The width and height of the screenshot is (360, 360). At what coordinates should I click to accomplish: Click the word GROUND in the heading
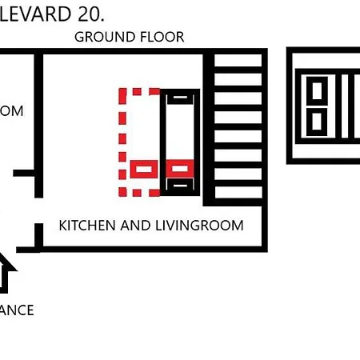point(101,37)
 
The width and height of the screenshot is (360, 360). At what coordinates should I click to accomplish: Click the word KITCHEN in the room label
point(87,226)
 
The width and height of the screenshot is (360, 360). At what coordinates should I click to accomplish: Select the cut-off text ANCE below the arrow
point(16,310)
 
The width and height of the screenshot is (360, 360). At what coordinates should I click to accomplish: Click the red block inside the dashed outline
point(144,170)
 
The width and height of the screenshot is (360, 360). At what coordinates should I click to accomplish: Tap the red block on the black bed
point(180,169)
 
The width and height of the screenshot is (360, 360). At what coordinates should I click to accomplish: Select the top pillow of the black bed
point(180,97)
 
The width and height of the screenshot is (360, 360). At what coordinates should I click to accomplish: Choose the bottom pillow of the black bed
point(180,186)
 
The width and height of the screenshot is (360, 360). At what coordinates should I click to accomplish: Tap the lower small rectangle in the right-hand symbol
point(318,122)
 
